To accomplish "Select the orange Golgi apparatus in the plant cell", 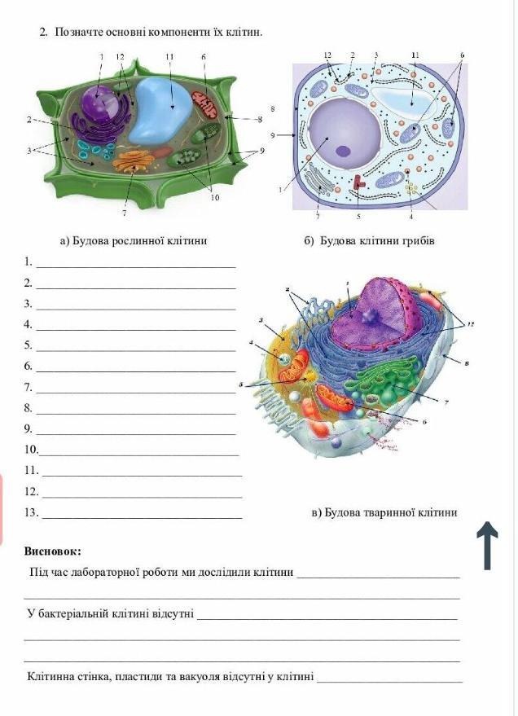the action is [134, 161].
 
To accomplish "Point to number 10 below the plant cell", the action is [214, 197].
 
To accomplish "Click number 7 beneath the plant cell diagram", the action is [124, 213].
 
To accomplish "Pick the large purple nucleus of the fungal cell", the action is [345, 134].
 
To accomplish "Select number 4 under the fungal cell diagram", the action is [410, 217].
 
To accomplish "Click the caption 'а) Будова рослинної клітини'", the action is [134, 240].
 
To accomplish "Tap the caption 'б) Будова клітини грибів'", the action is [370, 240].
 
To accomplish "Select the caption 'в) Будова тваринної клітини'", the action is [384, 512].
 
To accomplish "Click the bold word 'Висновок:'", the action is [52, 551].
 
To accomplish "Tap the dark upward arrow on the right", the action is [487, 546].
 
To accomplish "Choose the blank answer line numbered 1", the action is [136, 266].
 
